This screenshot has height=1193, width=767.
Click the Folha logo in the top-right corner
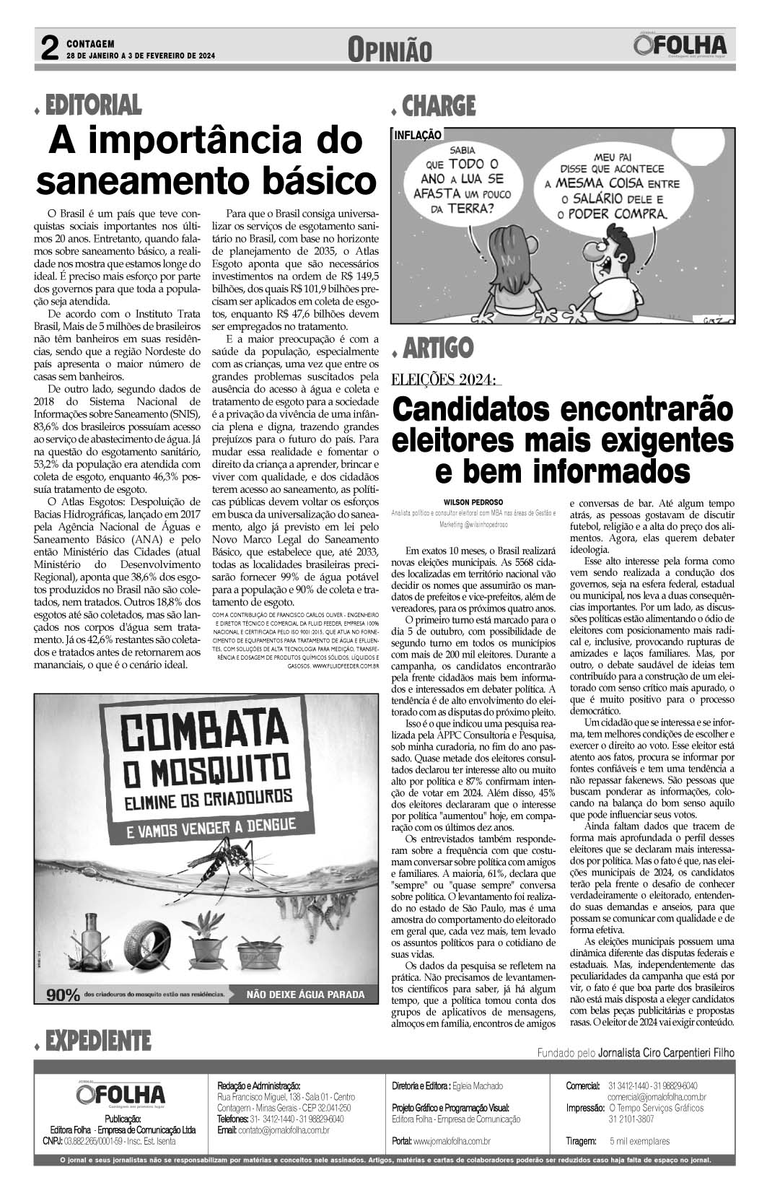coord(680,47)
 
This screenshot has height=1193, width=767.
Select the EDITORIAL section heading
coord(93,105)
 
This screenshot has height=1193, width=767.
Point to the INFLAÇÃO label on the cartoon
coord(418,134)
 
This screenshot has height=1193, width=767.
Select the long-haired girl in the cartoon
coord(515,282)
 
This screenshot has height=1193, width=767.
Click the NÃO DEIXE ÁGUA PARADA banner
coord(305,995)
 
